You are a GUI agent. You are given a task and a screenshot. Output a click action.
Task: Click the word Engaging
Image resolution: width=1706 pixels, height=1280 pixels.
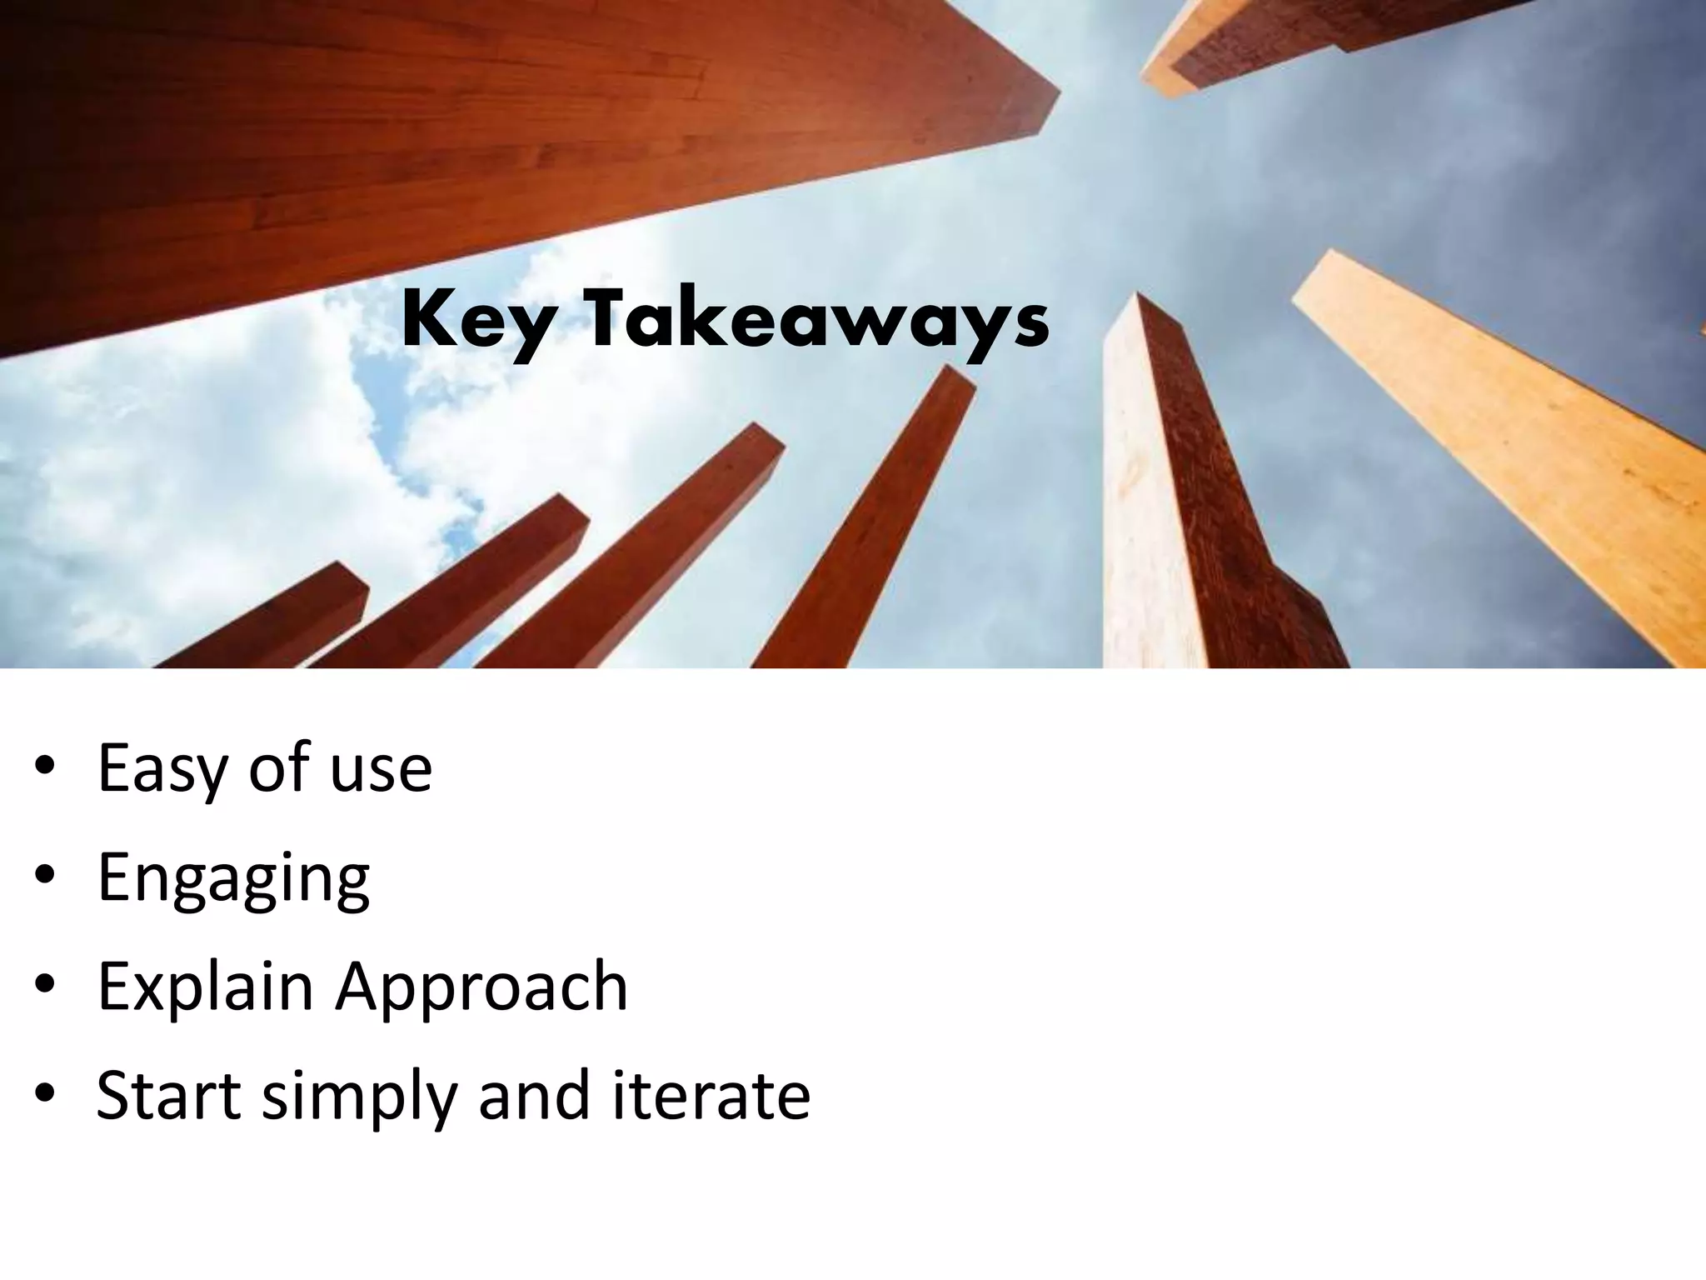[x=233, y=878]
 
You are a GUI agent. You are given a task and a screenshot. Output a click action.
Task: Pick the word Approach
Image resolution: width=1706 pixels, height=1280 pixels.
[x=481, y=988]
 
